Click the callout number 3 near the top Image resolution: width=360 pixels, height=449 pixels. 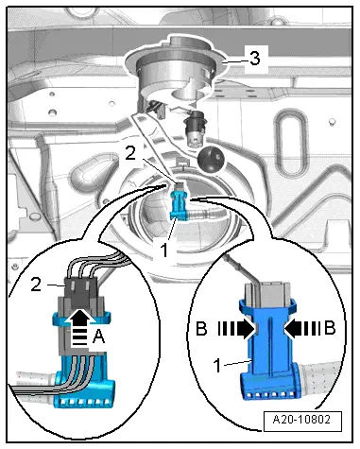click(254, 59)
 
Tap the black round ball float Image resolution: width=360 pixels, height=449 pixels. click(211, 159)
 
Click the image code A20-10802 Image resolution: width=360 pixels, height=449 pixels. click(301, 420)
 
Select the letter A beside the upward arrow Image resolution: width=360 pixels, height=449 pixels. click(98, 337)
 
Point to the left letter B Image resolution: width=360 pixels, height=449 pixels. click(201, 328)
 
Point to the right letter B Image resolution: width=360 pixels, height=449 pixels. click(330, 328)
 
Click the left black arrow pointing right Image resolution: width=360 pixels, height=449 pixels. click(236, 330)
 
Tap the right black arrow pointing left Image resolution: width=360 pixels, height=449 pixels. click(302, 329)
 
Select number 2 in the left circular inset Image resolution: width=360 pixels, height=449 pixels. click(36, 285)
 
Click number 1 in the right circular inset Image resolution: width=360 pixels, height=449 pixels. click(217, 366)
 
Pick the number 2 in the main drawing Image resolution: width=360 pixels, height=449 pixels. click(130, 154)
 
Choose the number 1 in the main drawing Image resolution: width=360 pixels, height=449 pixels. click(164, 250)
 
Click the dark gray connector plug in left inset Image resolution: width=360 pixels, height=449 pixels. click(80, 293)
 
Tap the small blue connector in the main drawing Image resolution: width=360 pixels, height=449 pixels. click(180, 206)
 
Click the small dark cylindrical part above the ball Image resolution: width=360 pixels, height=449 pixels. click(196, 128)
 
